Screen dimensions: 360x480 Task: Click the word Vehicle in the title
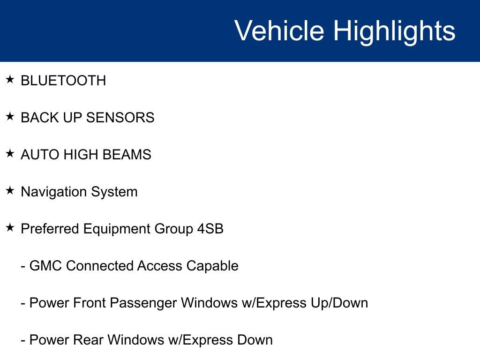point(279,31)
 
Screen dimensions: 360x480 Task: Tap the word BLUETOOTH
point(63,81)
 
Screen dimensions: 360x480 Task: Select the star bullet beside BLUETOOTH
point(10,79)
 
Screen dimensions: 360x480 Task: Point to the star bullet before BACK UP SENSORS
point(10,116)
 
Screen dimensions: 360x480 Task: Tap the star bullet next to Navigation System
point(10,190)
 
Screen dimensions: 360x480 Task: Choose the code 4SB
point(210,229)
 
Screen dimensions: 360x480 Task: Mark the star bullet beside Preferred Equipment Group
point(10,227)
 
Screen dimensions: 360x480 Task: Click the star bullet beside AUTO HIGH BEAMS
point(10,153)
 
